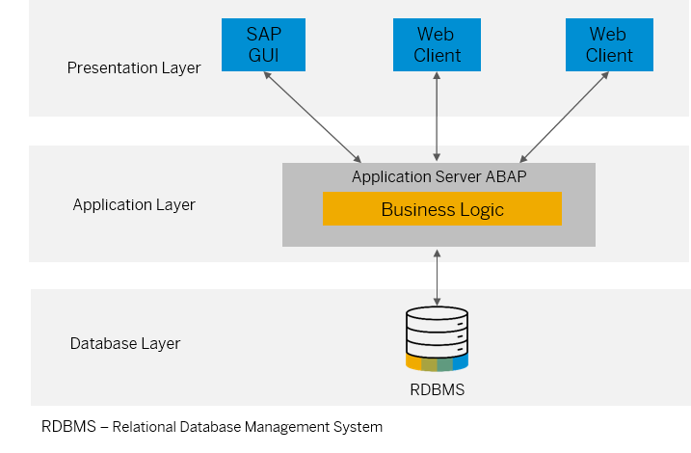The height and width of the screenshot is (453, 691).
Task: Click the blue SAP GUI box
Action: [264, 44]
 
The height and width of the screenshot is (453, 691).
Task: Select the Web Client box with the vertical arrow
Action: [438, 44]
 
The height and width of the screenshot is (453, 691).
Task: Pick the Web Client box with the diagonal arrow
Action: [609, 44]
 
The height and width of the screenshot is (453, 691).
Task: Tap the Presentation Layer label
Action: [134, 67]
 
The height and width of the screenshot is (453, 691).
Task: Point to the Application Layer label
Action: [134, 204]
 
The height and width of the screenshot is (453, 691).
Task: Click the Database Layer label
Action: [125, 343]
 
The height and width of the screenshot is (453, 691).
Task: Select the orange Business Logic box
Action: [441, 209]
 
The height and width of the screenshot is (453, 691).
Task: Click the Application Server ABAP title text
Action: [439, 176]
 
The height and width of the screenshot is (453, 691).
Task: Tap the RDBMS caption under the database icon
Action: [438, 390]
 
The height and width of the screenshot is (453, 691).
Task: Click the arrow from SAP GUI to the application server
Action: [311, 116]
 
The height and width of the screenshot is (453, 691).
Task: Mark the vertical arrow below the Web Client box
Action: [438, 116]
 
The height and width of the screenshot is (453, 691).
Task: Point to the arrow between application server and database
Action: [438, 278]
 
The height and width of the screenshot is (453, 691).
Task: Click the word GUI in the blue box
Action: [264, 55]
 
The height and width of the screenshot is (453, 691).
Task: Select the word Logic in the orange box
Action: [480, 209]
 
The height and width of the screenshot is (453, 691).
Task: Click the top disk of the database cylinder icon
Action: [438, 315]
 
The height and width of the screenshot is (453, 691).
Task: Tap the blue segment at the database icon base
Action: [460, 364]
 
